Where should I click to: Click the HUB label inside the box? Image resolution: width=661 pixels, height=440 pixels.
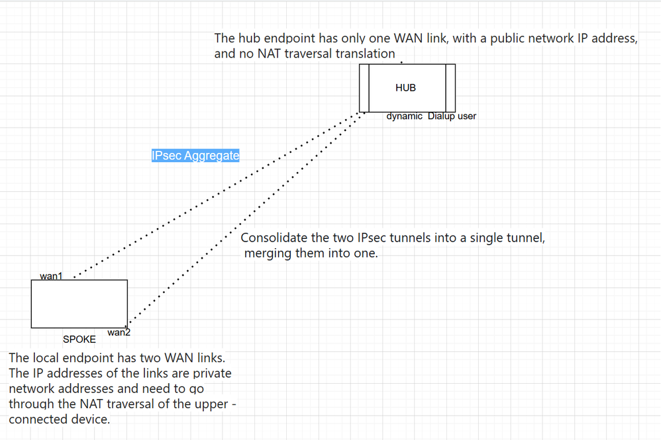[405, 87]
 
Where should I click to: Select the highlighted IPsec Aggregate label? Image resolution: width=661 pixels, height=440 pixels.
[195, 155]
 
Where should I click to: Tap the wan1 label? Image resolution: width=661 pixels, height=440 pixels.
[51, 276]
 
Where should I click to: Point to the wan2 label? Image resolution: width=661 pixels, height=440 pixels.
[119, 333]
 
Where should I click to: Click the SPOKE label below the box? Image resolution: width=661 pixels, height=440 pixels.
[79, 339]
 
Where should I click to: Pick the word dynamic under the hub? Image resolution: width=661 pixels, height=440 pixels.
[404, 116]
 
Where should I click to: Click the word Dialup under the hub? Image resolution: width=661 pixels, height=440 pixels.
[441, 116]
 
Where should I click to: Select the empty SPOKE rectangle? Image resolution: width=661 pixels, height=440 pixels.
[79, 304]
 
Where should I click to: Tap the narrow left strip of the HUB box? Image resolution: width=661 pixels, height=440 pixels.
[364, 88]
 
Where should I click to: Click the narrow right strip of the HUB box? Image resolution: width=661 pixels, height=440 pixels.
[450, 88]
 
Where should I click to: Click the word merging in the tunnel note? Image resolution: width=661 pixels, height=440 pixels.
[268, 253]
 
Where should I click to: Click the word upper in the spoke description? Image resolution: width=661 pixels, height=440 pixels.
[208, 404]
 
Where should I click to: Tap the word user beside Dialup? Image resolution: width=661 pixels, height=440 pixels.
[466, 116]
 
